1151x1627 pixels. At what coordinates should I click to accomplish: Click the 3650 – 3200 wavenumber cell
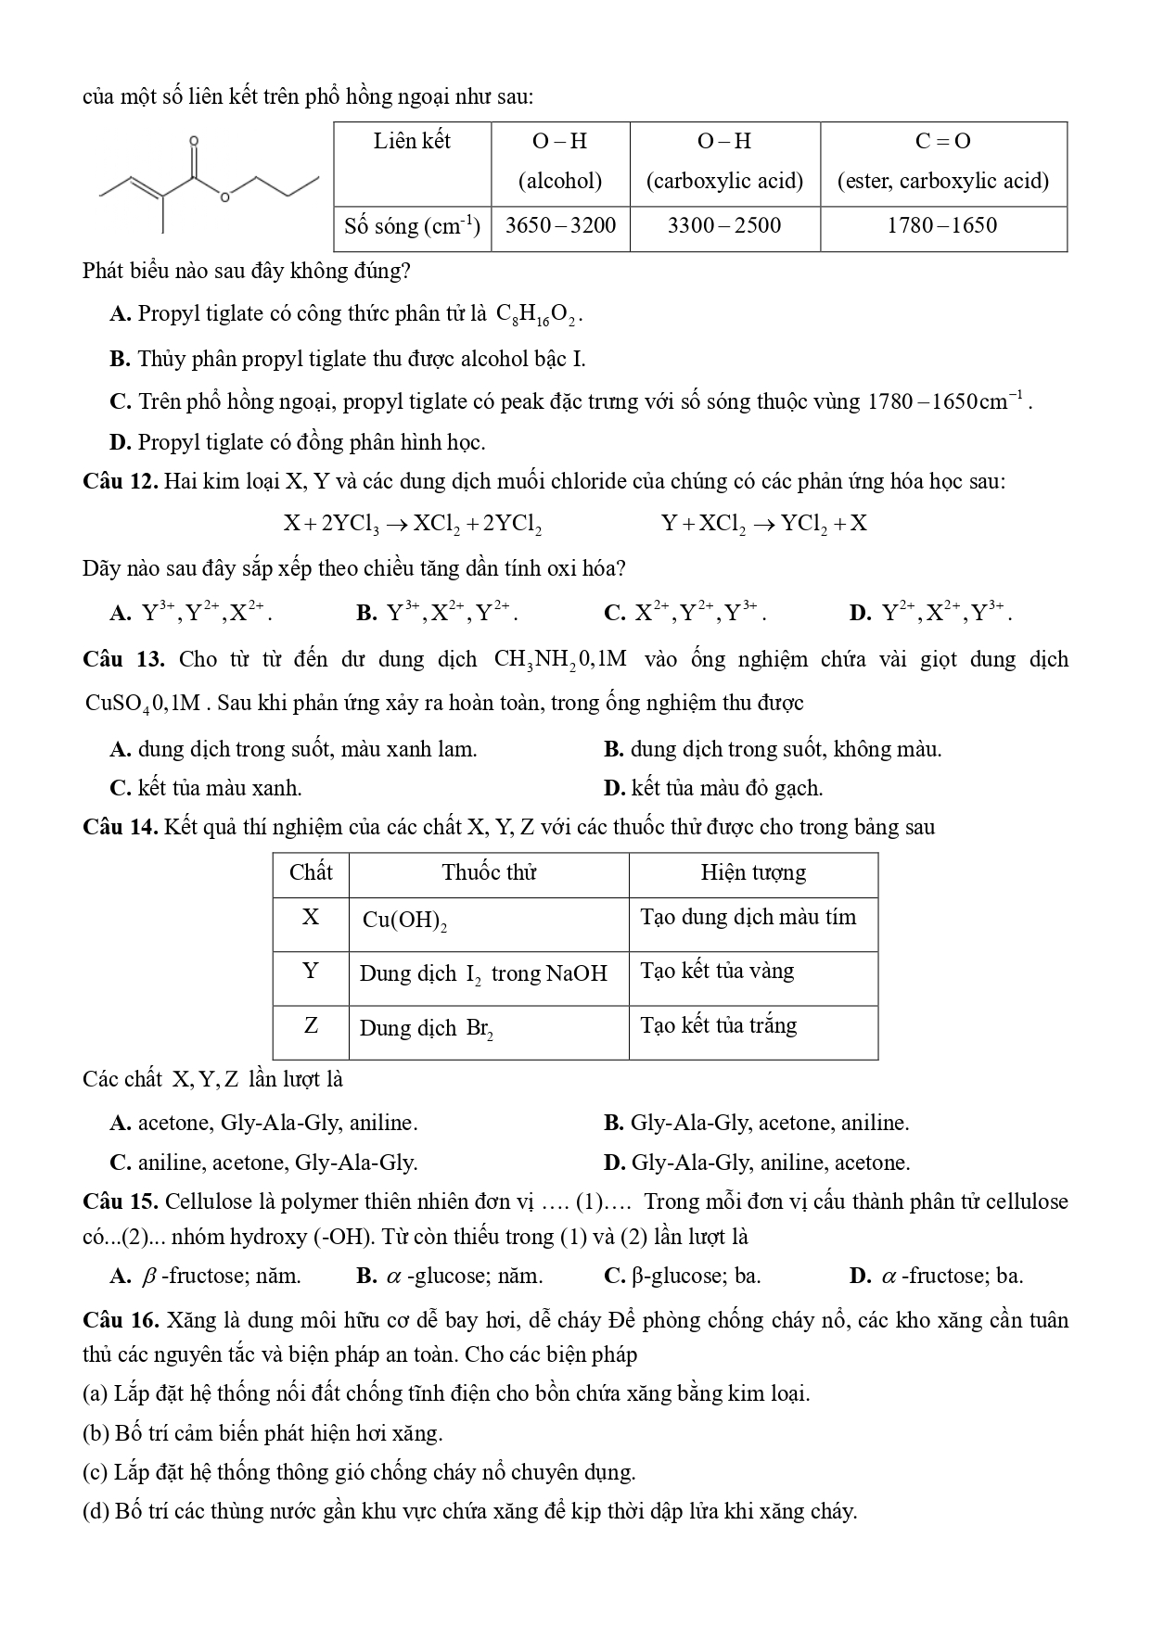[560, 226]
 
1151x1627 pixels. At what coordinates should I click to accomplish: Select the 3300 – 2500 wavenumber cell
[724, 226]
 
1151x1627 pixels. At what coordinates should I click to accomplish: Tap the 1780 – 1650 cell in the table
[942, 226]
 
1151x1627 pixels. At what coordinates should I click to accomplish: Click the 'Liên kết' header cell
[412, 142]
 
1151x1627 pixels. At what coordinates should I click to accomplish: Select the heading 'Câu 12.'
[121, 482]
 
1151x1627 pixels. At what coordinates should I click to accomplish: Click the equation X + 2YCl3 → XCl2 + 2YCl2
[413, 524]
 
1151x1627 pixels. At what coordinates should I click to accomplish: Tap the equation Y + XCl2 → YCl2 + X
[764, 524]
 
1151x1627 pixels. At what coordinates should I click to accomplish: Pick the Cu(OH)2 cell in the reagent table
[404, 921]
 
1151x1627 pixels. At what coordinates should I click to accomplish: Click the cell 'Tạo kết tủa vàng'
[717, 972]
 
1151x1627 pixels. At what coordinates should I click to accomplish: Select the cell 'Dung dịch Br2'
[426, 1029]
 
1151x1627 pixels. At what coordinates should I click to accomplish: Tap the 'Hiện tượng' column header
[752, 873]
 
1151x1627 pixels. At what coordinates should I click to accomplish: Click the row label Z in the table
[311, 1026]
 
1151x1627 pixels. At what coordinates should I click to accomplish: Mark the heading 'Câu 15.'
[121, 1202]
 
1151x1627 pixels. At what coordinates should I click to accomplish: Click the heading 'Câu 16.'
[121, 1321]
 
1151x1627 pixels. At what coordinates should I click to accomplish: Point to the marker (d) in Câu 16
[96, 1512]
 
